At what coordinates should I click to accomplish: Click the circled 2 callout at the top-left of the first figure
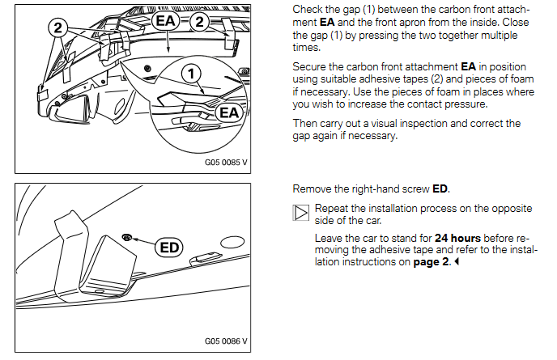click(x=57, y=28)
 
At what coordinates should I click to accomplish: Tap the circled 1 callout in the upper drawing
click(x=191, y=74)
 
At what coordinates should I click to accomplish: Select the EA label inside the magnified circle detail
click(x=230, y=113)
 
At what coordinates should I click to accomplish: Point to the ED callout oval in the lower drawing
click(x=170, y=246)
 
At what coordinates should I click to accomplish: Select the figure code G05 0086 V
click(x=226, y=341)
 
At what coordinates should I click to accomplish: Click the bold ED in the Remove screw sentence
click(x=440, y=189)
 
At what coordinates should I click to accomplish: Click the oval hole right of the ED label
click(x=232, y=241)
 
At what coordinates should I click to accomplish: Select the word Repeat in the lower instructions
click(x=333, y=208)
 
